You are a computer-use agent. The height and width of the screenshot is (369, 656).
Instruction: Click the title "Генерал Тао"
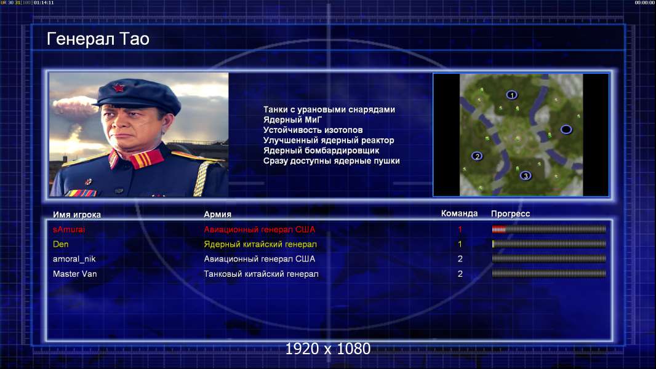(x=98, y=39)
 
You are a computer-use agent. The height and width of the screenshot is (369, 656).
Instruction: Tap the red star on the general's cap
(x=119, y=88)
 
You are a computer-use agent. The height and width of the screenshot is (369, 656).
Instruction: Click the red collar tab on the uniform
(x=146, y=159)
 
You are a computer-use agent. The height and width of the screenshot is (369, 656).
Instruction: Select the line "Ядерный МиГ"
(x=292, y=120)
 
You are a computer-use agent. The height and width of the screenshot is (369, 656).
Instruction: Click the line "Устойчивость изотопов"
(x=313, y=130)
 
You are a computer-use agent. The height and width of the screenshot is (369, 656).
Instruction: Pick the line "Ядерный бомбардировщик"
(x=321, y=151)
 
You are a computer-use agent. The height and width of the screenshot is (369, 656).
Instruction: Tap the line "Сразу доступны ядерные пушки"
(x=331, y=161)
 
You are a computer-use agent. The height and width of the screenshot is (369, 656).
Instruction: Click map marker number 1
(x=511, y=95)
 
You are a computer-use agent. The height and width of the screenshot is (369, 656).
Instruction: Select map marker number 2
(x=477, y=156)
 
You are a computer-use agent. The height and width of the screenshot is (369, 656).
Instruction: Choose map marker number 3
(x=526, y=175)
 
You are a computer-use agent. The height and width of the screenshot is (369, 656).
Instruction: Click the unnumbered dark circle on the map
(x=566, y=130)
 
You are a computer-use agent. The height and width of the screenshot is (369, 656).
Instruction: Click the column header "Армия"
(x=218, y=215)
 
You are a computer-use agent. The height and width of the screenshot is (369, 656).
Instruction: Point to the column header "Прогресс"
(x=510, y=213)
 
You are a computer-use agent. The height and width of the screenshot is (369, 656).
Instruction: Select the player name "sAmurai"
(x=68, y=229)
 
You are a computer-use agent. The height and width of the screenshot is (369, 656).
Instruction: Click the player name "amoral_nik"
(x=74, y=259)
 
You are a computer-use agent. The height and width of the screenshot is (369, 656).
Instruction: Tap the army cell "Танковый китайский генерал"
(x=261, y=274)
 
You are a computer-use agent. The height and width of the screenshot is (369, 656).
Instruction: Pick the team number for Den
(x=460, y=244)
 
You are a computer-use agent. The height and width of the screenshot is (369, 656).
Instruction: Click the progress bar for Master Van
(x=549, y=274)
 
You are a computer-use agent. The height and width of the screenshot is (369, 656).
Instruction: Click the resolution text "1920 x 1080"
(x=327, y=349)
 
